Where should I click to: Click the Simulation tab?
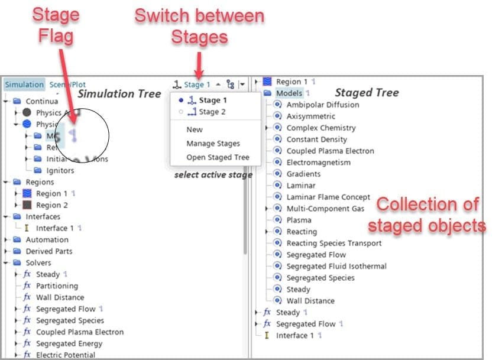(24, 85)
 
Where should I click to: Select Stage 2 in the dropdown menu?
(212, 112)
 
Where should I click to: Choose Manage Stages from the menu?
(213, 143)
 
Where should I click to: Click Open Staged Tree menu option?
(218, 157)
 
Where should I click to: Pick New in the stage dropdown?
(194, 129)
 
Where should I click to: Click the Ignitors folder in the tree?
(60, 170)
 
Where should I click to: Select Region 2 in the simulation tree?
(52, 205)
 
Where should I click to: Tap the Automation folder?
(47, 239)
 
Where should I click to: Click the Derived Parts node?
(48, 251)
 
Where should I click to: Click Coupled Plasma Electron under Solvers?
(80, 332)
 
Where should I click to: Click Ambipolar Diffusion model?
(322, 105)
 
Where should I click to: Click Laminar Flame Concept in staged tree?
(328, 197)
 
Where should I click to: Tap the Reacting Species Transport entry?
(334, 243)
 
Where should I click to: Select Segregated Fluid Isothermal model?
(336, 266)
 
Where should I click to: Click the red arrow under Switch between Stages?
(199, 63)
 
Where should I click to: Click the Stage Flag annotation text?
(56, 25)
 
